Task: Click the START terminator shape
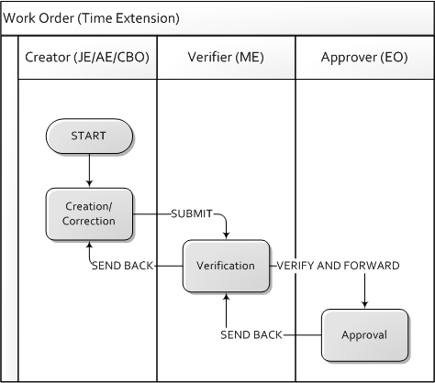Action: click(89, 136)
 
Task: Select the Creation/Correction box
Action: click(89, 213)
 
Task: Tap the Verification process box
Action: click(226, 266)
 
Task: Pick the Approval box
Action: click(364, 335)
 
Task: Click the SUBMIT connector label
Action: click(192, 213)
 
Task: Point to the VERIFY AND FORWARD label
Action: click(338, 266)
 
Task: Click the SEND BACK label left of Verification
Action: click(122, 266)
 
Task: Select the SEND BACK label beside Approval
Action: click(251, 335)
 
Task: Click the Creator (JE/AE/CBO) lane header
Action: click(87, 58)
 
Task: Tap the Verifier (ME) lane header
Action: click(226, 58)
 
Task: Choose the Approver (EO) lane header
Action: click(364, 58)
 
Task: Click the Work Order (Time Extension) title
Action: click(91, 18)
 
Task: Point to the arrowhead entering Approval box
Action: click(364, 305)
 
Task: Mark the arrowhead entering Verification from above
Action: click(226, 235)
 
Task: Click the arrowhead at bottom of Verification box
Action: click(226, 297)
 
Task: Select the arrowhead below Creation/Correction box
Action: click(89, 245)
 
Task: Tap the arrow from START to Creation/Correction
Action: click(89, 170)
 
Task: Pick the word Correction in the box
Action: click(89, 221)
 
